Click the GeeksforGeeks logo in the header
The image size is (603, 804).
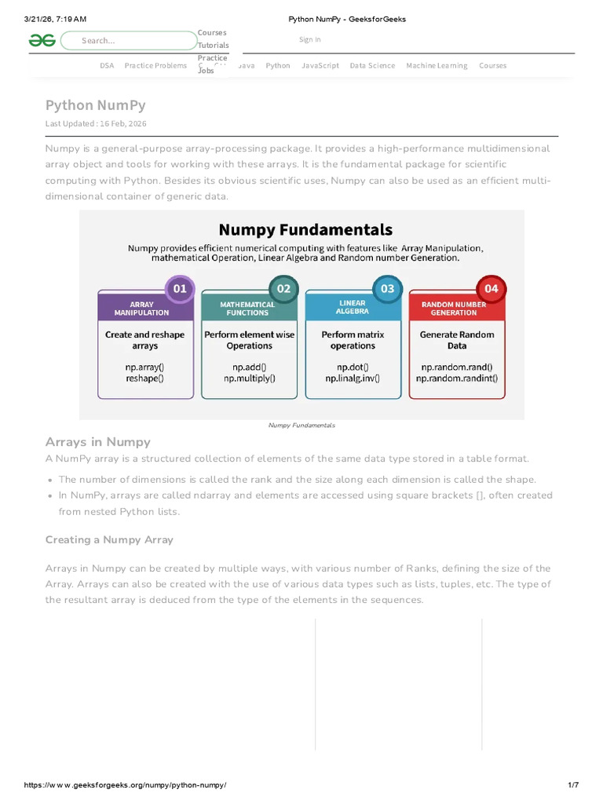point(42,40)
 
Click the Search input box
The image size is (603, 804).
point(130,41)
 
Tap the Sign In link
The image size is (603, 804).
point(310,39)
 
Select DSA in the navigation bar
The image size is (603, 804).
point(107,66)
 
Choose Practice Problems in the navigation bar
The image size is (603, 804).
point(155,66)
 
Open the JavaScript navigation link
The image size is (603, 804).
point(320,66)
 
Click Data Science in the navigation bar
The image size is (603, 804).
point(372,66)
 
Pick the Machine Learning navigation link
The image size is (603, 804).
point(437,66)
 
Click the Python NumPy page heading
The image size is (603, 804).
point(95,105)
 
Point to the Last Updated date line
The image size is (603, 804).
point(96,124)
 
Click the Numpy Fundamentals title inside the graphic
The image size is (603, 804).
point(305,229)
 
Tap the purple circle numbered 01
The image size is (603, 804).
point(180,288)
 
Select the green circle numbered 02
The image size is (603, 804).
point(283,288)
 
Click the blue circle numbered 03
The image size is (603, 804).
point(387,288)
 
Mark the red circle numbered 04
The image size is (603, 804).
point(491,288)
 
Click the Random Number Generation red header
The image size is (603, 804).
point(454,308)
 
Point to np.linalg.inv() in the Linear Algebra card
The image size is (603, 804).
point(353,378)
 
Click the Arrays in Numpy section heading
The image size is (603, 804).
point(98,442)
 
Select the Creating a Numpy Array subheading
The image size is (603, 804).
point(109,539)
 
